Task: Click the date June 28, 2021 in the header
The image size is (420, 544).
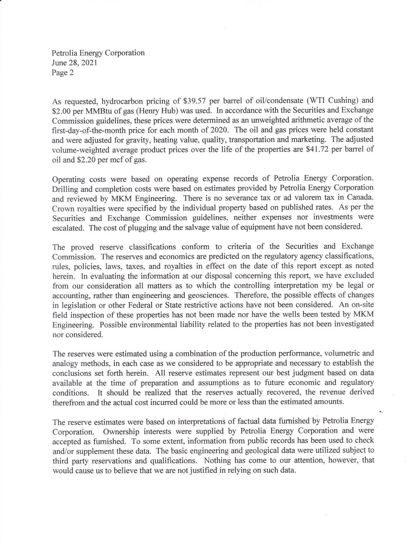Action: tap(74, 63)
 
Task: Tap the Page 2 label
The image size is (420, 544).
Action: tap(63, 73)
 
